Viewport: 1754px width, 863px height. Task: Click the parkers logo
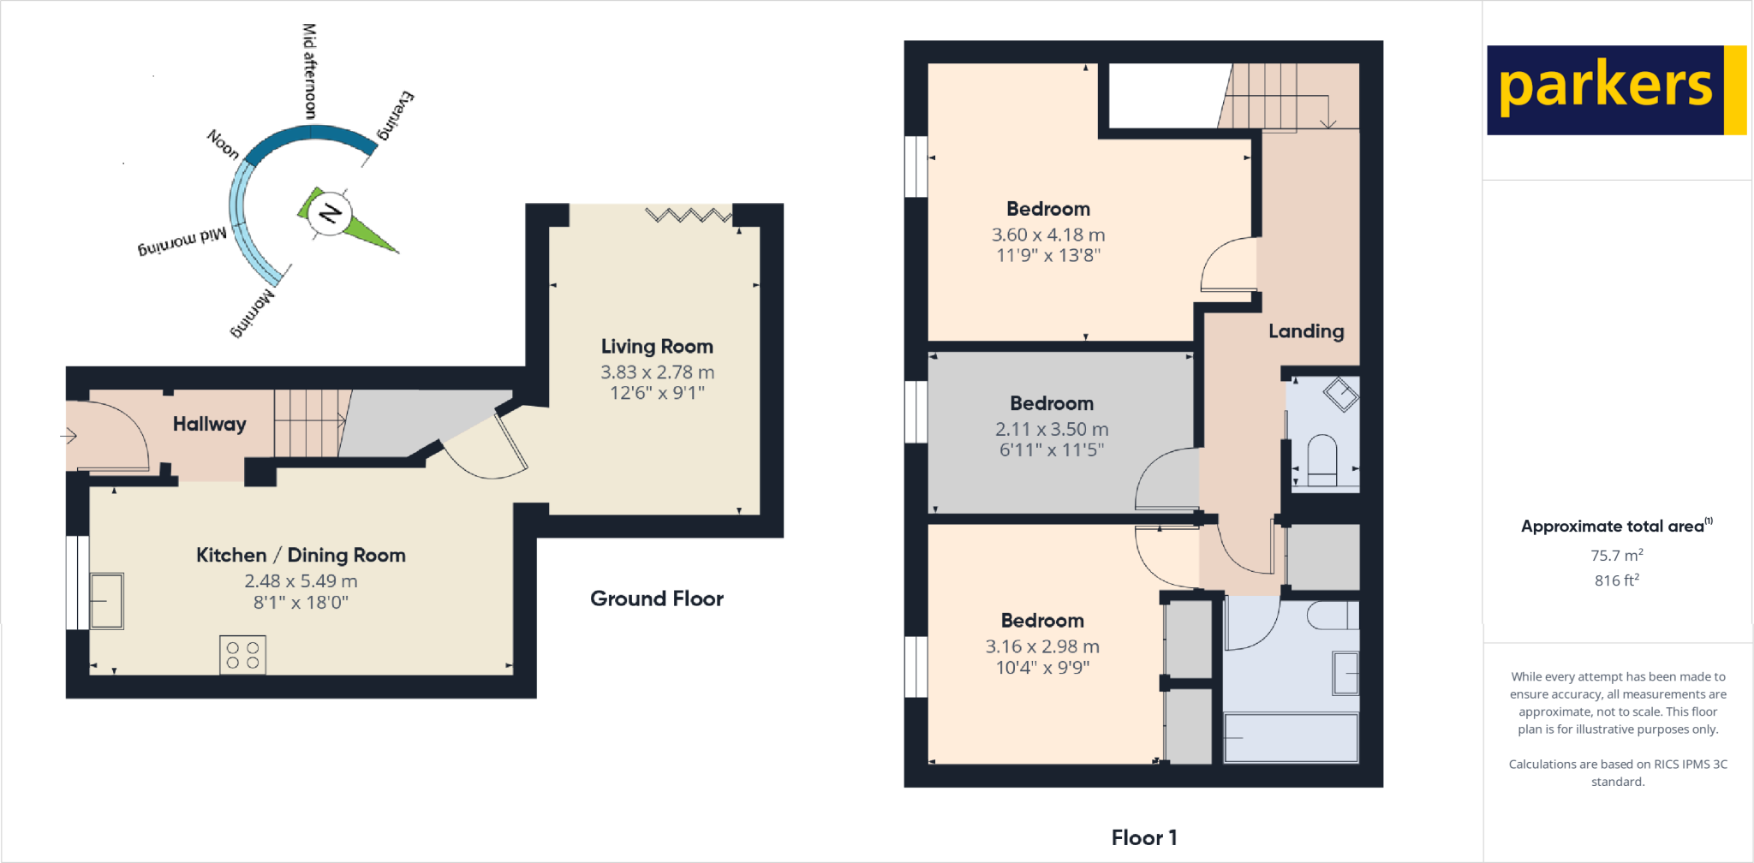(x=1614, y=89)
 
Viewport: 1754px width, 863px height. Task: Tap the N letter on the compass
(x=330, y=213)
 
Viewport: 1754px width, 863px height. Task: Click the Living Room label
(x=657, y=347)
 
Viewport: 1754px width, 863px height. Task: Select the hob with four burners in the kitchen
(x=242, y=655)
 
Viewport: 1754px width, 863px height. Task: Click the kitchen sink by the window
(x=106, y=600)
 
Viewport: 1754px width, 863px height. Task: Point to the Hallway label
(x=209, y=424)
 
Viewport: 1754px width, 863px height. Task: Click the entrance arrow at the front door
(x=69, y=436)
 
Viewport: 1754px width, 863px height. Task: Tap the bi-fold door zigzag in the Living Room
(x=688, y=214)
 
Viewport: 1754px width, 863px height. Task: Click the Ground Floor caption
(x=656, y=598)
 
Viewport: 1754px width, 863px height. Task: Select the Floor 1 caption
(x=1143, y=837)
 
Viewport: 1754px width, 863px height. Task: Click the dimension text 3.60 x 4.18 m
(x=1047, y=235)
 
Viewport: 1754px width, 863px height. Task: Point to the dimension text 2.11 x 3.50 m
(x=1051, y=429)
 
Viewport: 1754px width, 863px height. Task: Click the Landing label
(x=1305, y=331)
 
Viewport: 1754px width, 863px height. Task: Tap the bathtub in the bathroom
(x=1290, y=737)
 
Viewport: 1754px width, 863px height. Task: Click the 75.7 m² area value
(x=1616, y=555)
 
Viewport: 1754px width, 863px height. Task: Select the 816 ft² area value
(x=1616, y=580)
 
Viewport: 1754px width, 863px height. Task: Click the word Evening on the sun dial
(x=396, y=115)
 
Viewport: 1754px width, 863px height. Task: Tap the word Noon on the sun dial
(x=223, y=144)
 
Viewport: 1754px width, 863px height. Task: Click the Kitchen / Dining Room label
(x=301, y=555)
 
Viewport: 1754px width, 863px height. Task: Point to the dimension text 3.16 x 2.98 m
(x=1041, y=646)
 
